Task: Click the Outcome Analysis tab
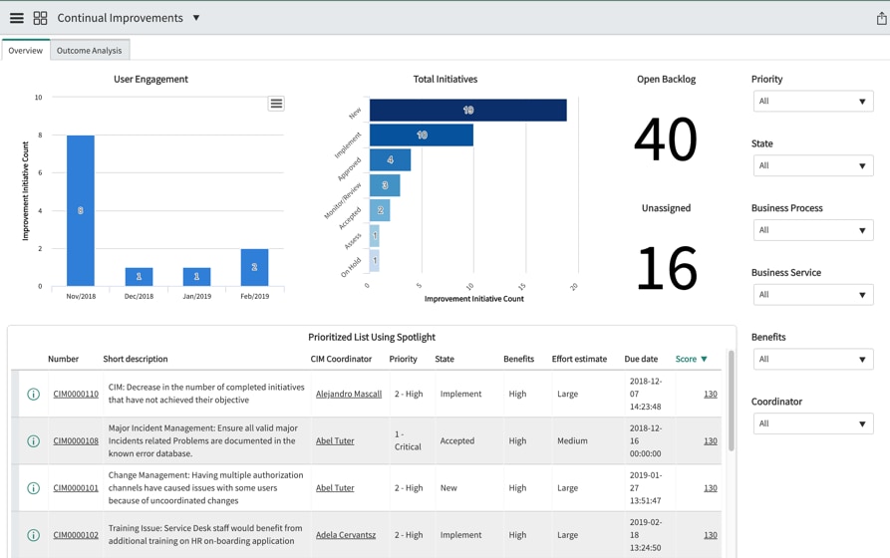click(89, 51)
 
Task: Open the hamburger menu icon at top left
click(17, 18)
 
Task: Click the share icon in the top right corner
click(881, 18)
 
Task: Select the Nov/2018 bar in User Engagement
click(81, 210)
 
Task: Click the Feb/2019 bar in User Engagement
click(254, 267)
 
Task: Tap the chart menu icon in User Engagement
click(276, 104)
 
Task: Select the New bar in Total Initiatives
click(467, 110)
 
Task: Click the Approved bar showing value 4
click(390, 159)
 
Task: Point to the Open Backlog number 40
click(665, 139)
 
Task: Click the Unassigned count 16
click(666, 268)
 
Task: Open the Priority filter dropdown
click(812, 102)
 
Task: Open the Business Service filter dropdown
click(812, 295)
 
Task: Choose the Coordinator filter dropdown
click(812, 423)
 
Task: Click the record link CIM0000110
click(76, 394)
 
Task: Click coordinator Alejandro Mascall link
click(348, 394)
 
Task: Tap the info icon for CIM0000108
click(33, 441)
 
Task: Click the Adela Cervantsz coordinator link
click(345, 535)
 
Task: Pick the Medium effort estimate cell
click(572, 440)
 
